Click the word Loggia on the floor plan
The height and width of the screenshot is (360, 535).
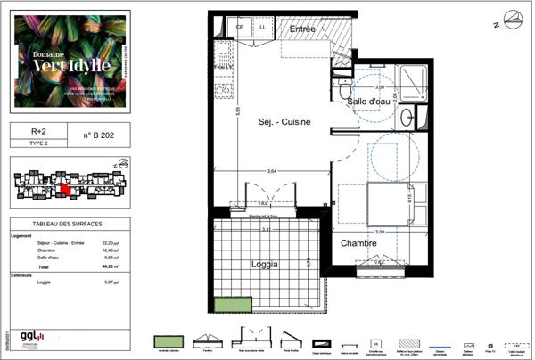coord(264,265)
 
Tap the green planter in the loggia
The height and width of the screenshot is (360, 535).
coord(232,304)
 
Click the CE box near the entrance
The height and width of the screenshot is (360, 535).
coord(240,29)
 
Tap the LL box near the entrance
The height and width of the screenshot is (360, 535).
coord(263,29)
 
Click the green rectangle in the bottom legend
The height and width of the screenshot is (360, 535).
coord(169,341)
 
